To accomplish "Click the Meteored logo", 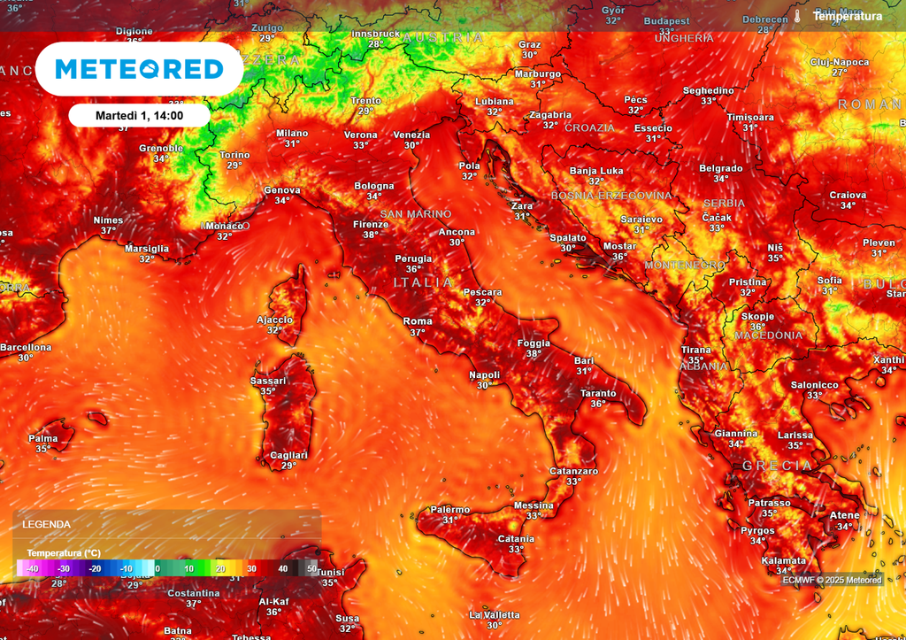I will point(139,69).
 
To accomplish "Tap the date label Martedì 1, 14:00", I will point(139,115).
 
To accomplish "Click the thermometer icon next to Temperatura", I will point(797,16).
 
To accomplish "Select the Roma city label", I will point(418,321).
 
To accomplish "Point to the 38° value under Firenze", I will point(371,235).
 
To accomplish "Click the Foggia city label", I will point(534,343).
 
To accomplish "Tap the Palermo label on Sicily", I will point(451,510).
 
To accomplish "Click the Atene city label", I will point(844,516).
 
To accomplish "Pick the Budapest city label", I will point(667,21).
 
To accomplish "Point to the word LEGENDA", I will point(46,524).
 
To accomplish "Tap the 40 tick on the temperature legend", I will point(282,568).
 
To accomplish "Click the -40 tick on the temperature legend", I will point(33,568).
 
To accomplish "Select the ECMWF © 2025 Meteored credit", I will point(832,580).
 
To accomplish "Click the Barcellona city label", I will point(26,347).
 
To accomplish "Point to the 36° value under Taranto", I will point(599,404).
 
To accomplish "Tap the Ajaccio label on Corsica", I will point(274,320).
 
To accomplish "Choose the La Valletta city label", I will point(495,614).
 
